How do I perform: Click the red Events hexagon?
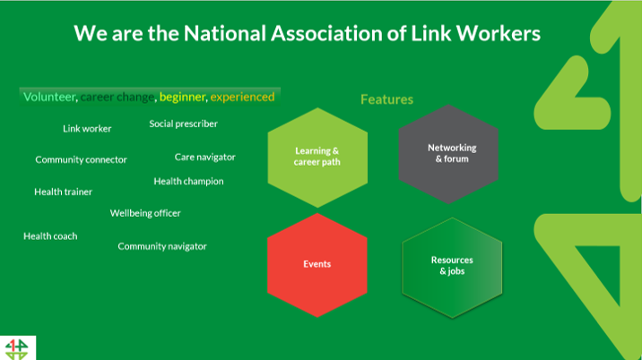(317, 264)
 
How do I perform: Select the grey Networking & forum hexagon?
(451, 153)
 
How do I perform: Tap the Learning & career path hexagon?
(317, 157)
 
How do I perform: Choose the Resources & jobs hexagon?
(451, 265)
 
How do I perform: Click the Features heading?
(386, 99)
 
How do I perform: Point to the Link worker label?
(87, 129)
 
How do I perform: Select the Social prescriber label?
(183, 124)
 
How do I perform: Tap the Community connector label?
(81, 160)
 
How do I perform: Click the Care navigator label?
(204, 157)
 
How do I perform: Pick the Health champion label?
(188, 181)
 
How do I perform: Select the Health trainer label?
(63, 192)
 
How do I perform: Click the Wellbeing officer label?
(145, 213)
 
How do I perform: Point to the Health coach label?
(50, 236)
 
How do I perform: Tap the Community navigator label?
(162, 246)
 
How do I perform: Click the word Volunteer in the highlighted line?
(49, 97)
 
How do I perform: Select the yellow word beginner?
(183, 97)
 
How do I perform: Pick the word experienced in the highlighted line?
(242, 97)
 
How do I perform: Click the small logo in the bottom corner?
(15, 348)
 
